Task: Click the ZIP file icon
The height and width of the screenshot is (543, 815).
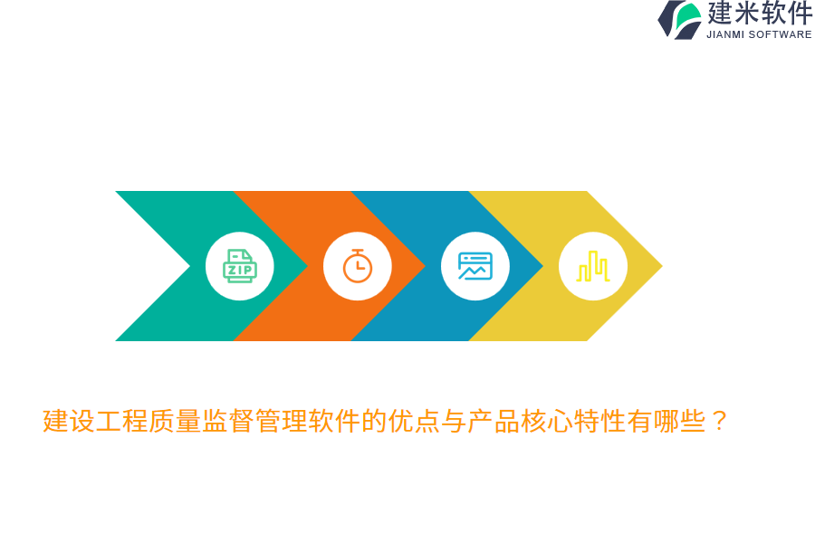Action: point(240,266)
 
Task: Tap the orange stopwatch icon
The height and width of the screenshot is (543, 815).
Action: point(358,266)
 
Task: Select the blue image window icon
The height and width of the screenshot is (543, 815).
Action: point(475,266)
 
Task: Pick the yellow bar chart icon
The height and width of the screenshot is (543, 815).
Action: point(593,266)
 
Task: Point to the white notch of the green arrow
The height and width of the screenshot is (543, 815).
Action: point(172,266)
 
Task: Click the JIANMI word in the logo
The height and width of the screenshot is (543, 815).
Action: point(724,34)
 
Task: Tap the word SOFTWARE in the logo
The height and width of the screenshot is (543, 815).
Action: point(780,34)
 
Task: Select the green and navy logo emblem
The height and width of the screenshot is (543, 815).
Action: point(681,19)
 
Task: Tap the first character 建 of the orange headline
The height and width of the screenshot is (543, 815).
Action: point(55,421)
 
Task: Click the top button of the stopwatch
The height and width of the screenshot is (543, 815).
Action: point(358,251)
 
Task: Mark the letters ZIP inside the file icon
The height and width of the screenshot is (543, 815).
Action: point(240,270)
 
